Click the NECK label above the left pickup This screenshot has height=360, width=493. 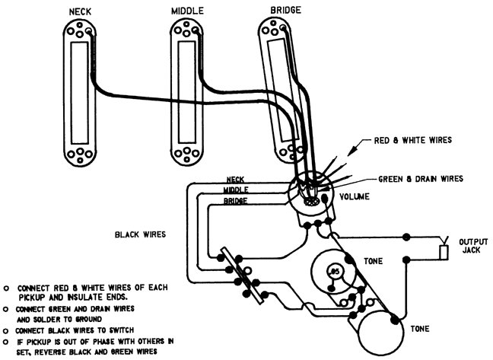[x=79, y=12]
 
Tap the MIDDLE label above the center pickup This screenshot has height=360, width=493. [x=187, y=12]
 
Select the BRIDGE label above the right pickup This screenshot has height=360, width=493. [x=285, y=10]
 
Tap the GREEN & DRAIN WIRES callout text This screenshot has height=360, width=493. [x=421, y=180]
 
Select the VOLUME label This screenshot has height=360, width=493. [x=355, y=197]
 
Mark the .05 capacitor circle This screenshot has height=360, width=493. [x=332, y=271]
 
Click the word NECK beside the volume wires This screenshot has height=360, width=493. [x=235, y=180]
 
